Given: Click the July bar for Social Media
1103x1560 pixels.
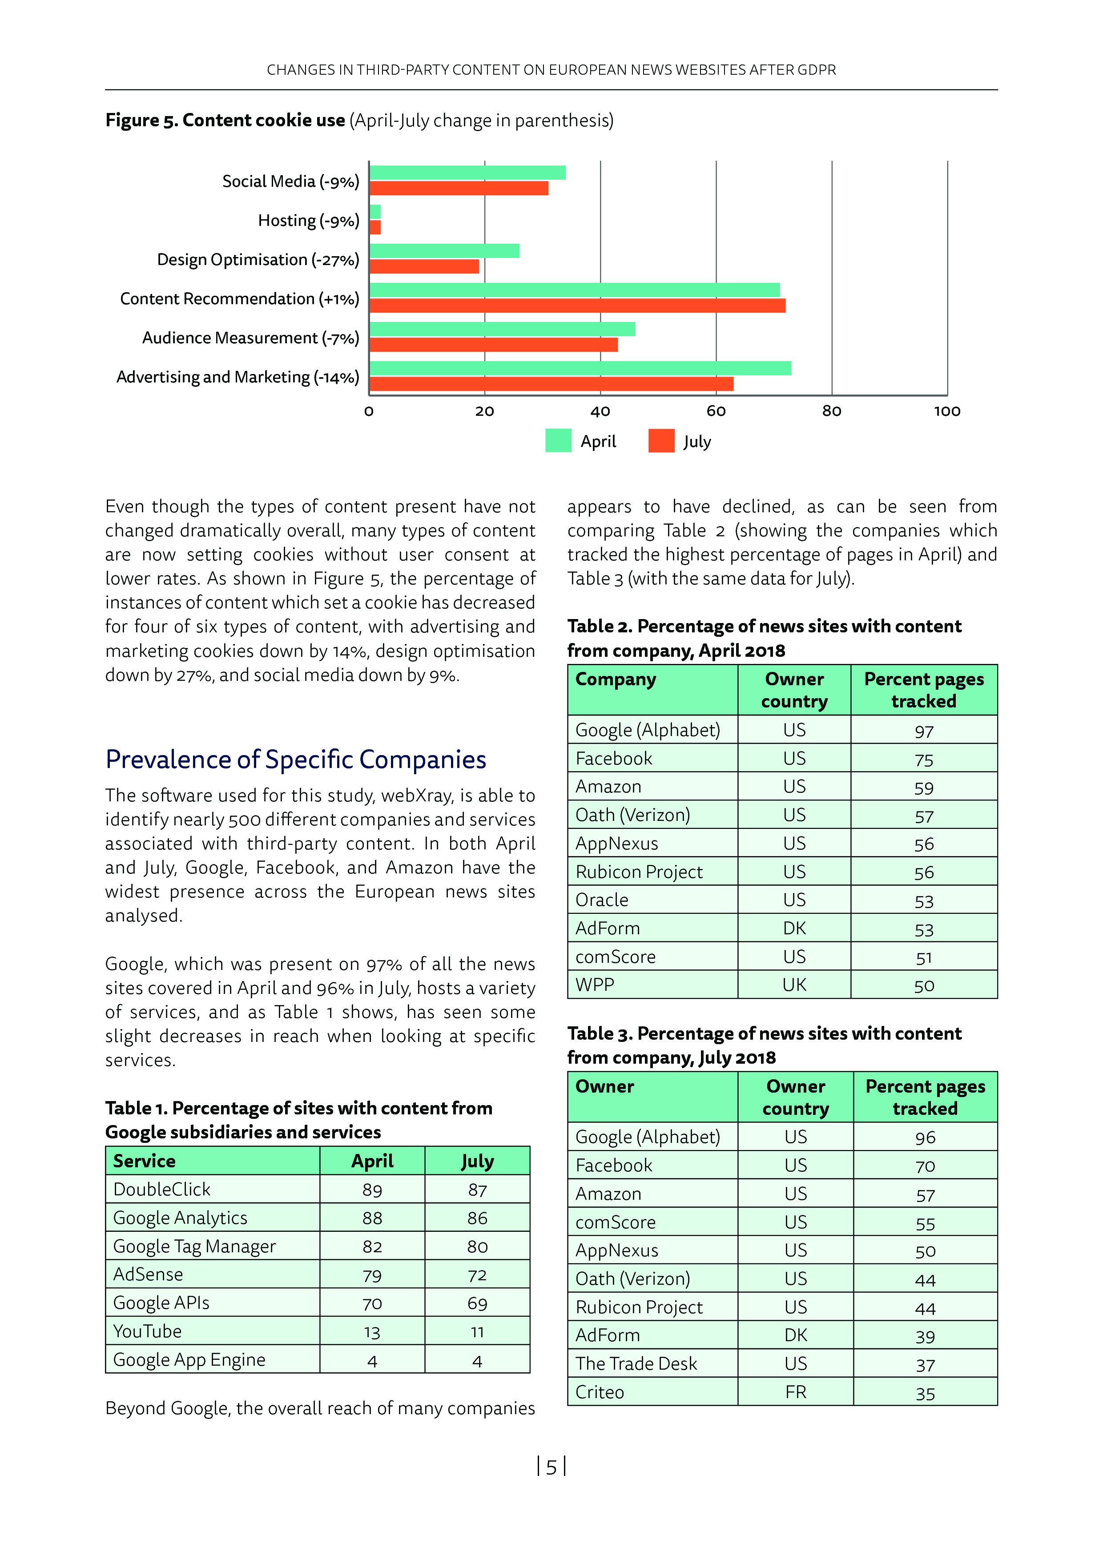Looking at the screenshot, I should pos(459,188).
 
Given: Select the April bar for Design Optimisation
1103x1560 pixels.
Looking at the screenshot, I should pos(444,251).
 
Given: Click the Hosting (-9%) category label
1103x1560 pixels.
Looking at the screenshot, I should pos(309,221).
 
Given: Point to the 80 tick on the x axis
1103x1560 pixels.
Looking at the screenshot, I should pos(831,411).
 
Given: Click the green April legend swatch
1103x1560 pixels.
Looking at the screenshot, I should pos(558,441).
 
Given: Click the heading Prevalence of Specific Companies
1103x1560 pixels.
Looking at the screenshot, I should pos(296,760).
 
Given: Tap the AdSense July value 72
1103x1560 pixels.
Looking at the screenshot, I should pos(477,1275).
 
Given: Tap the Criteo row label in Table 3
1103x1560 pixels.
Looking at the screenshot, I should pos(600,1392).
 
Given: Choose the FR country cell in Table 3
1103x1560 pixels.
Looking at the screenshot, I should pos(795,1392).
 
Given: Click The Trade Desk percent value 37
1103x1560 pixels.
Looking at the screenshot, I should pos(925,1365).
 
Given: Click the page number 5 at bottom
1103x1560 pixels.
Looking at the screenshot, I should pos(551,1468).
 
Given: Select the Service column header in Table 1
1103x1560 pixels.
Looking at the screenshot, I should pos(144,1161).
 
